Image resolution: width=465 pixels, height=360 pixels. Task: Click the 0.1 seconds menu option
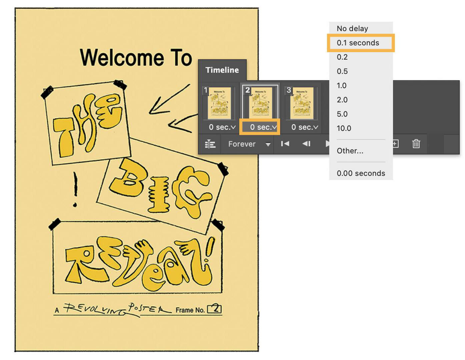(x=358, y=43)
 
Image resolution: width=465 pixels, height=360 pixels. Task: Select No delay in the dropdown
(x=352, y=29)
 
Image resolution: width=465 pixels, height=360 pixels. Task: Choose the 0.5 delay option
(x=342, y=71)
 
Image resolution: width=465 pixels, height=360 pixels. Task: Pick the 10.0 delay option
(x=344, y=128)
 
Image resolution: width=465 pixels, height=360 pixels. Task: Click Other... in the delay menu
(x=350, y=151)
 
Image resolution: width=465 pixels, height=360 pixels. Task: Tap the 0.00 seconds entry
(x=361, y=173)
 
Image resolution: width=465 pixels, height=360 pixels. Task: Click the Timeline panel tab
(x=222, y=70)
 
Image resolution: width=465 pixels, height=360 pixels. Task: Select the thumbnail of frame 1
(x=219, y=103)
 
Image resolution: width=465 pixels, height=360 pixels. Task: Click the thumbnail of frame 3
(x=302, y=103)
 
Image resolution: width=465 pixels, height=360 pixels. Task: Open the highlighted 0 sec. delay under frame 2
(x=260, y=127)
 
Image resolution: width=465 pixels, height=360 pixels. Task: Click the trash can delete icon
(x=416, y=144)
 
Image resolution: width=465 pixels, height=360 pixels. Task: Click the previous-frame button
(x=306, y=144)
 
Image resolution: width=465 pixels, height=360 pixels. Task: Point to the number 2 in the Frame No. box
(x=216, y=309)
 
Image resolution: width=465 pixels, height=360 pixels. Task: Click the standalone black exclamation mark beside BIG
(x=75, y=189)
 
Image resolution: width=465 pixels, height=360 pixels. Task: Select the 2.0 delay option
(x=342, y=100)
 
